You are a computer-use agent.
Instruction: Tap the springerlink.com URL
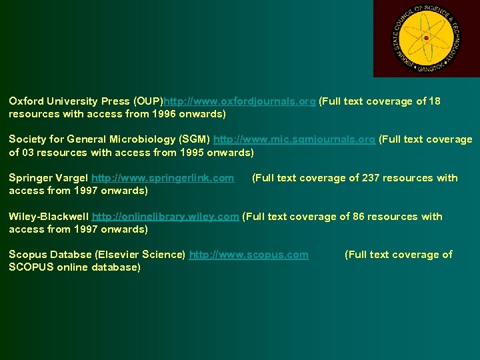click(x=163, y=178)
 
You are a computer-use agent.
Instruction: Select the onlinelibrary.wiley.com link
click(x=165, y=217)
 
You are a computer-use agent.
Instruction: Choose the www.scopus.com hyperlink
click(x=249, y=255)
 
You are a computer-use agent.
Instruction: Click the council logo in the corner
click(x=427, y=38)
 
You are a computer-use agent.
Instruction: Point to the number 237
click(x=371, y=178)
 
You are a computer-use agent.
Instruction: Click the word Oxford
click(x=26, y=101)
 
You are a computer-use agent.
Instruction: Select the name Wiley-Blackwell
click(x=49, y=217)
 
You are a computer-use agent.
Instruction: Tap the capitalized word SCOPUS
click(x=29, y=267)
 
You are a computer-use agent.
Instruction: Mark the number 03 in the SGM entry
click(x=29, y=153)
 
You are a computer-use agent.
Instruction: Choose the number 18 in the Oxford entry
click(x=435, y=101)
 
